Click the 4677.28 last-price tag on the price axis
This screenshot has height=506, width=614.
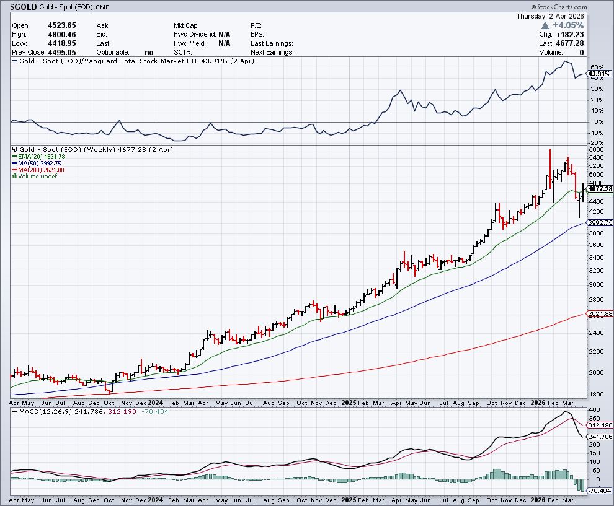pos(600,190)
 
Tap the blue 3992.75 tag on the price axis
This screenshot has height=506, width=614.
pos(600,222)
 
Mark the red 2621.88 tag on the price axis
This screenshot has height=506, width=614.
pos(600,314)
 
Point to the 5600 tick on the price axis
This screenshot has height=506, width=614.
pos(596,150)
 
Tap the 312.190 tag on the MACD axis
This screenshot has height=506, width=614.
pos(600,425)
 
